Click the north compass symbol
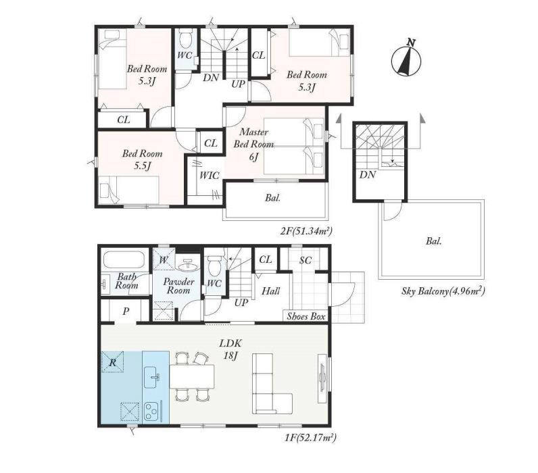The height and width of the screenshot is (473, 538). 406,59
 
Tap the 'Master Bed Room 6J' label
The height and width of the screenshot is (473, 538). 253,144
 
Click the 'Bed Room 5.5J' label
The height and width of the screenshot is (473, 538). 142,159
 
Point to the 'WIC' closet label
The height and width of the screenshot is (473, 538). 209,176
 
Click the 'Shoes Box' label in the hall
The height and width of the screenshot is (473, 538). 305,316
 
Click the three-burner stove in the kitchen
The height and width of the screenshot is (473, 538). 151,411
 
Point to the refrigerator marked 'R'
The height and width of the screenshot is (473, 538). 113,362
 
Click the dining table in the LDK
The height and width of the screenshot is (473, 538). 192,376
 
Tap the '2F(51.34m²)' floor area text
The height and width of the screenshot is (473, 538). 306,231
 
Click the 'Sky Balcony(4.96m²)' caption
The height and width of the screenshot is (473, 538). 443,291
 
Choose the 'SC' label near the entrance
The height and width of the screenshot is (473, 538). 305,260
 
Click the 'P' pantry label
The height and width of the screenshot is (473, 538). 126,312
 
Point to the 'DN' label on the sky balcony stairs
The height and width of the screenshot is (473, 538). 368,175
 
